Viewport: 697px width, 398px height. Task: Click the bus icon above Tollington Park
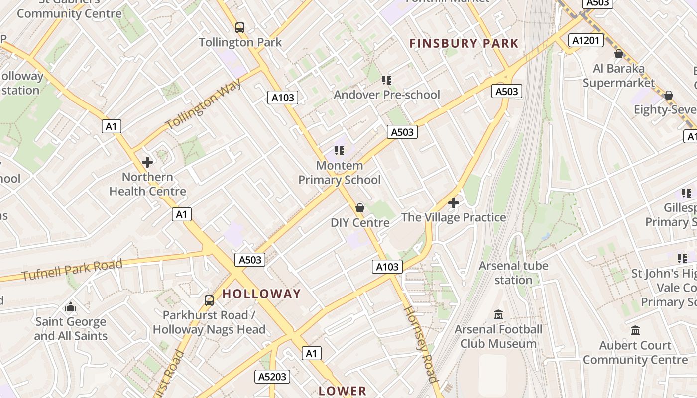point(240,28)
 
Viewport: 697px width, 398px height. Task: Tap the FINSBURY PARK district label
point(464,44)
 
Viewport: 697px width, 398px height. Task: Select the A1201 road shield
point(587,40)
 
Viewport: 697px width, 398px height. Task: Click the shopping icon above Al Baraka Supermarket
point(619,54)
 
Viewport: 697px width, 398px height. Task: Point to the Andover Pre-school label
point(387,95)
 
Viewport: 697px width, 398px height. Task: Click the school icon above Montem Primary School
point(340,151)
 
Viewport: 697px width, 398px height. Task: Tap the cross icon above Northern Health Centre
point(147,162)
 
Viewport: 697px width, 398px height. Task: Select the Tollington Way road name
point(204,104)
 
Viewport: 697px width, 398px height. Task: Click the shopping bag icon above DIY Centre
point(360,208)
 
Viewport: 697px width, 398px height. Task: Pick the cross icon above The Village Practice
point(454,203)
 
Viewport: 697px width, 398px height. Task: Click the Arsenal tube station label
point(513,273)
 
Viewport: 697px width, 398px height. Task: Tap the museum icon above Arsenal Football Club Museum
point(498,315)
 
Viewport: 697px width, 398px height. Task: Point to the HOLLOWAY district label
point(261,294)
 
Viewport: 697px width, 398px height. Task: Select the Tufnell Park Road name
point(72,270)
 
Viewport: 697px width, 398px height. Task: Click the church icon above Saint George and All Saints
point(71,307)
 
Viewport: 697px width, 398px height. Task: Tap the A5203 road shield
point(273,377)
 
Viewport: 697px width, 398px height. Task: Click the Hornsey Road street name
point(421,343)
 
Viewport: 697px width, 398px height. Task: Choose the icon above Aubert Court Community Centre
point(635,331)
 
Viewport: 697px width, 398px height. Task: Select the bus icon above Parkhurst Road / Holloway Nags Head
point(209,300)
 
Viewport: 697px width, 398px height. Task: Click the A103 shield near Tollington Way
point(283,98)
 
